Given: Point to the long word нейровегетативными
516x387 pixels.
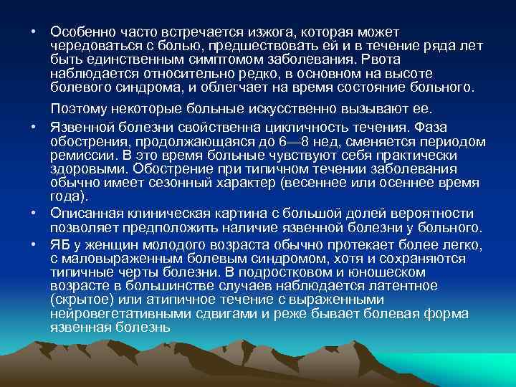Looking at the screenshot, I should [115, 314].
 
